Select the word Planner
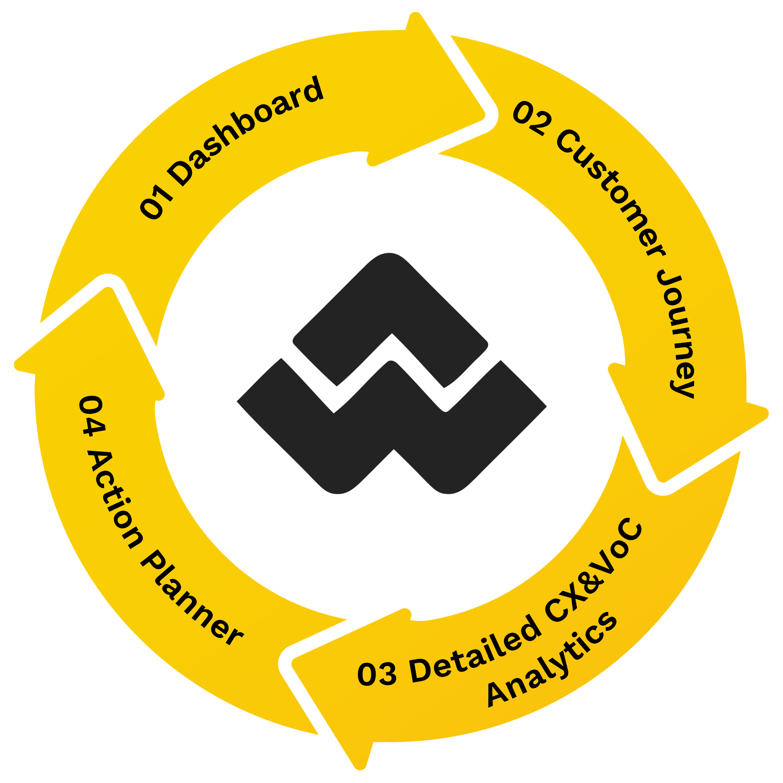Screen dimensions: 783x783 191,600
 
